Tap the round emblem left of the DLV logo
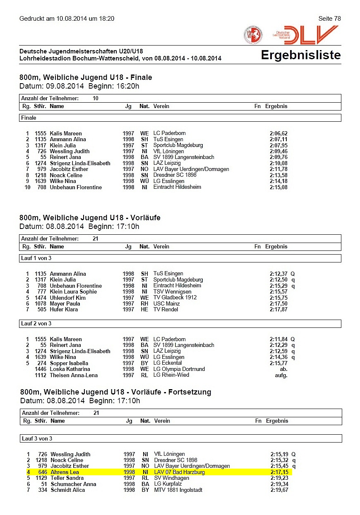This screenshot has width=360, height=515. click(x=253, y=35)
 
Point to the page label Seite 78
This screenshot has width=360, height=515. click(x=329, y=19)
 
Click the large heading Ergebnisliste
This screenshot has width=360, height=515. click(x=300, y=55)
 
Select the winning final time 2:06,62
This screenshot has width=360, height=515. click(x=278, y=133)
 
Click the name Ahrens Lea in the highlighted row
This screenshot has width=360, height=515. click(x=65, y=472)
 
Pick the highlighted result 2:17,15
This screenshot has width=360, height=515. click(x=279, y=472)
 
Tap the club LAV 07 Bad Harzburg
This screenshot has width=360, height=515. click(x=179, y=472)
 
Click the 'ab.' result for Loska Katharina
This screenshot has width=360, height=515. click(x=283, y=369)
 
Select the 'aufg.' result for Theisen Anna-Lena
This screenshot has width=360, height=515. click(x=281, y=375)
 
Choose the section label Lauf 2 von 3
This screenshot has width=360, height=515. click(x=36, y=323)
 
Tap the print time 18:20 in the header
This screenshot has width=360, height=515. click(x=106, y=19)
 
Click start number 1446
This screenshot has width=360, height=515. click(x=41, y=369)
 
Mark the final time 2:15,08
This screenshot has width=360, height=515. click(x=278, y=187)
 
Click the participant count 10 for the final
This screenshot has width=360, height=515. click(x=96, y=99)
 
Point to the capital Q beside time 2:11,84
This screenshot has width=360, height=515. click(x=293, y=339)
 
